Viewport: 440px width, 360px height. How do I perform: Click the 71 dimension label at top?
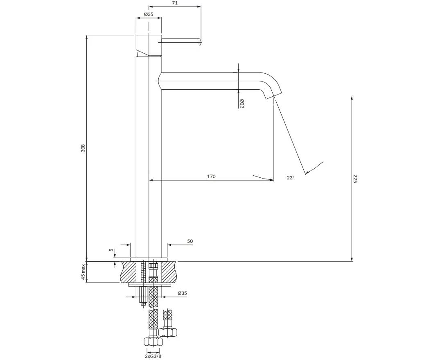tap(174, 3)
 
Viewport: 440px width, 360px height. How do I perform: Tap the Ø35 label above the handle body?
tap(149, 14)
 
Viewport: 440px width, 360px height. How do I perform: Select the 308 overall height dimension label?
tap(83, 148)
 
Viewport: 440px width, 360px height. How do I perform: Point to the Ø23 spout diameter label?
tap(241, 104)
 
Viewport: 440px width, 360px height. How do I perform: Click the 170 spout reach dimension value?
tap(211, 177)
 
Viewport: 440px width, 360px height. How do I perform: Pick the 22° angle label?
tap(291, 177)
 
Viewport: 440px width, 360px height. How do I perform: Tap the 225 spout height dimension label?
tap(355, 179)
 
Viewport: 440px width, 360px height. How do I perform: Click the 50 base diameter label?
tap(190, 241)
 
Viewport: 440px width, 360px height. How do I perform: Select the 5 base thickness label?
tap(111, 250)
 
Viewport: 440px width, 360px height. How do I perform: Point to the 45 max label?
tap(83, 272)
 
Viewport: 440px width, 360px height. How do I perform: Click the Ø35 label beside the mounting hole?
tap(182, 293)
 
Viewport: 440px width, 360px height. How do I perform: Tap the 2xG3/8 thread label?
tap(153, 356)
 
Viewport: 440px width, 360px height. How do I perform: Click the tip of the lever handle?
tap(201, 42)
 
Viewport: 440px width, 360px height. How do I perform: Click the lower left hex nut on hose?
tap(153, 342)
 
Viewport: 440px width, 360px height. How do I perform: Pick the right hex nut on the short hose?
tap(168, 333)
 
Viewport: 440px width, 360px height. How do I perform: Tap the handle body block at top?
tap(149, 45)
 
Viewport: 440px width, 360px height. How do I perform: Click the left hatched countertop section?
tap(129, 272)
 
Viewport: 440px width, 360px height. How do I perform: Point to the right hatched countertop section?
tap(167, 272)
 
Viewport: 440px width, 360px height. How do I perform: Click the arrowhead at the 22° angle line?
tap(307, 172)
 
